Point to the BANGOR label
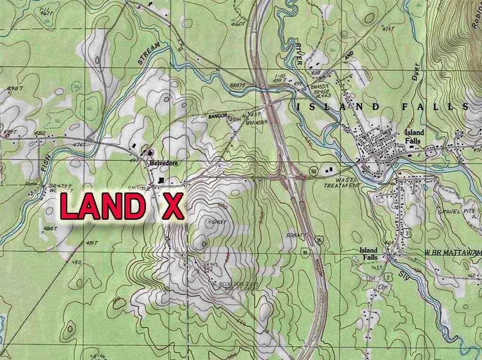[218, 115]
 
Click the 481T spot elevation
[91, 242]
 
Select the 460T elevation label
[240, 22]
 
